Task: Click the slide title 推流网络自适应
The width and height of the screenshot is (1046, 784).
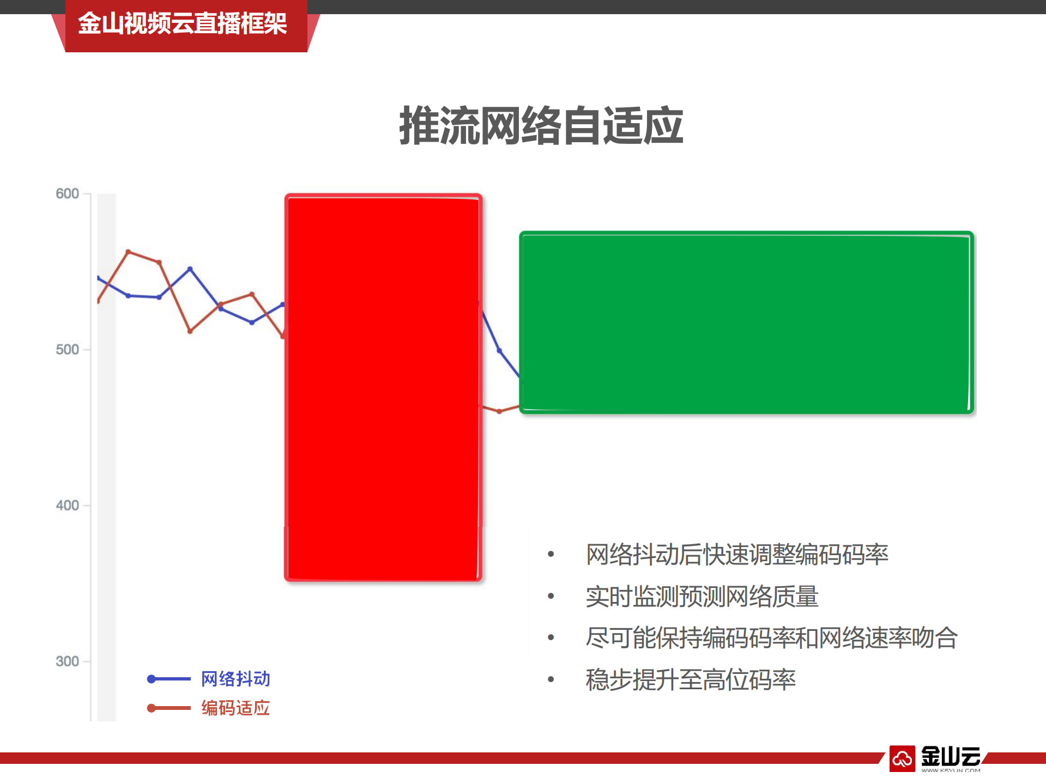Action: [541, 126]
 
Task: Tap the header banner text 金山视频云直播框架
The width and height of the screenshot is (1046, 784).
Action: [182, 24]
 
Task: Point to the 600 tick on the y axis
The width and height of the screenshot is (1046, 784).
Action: [68, 194]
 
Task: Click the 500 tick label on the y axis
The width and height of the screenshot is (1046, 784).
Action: [68, 350]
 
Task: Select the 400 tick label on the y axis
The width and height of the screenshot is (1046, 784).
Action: [68, 506]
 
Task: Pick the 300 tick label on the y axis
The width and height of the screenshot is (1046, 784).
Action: [68, 661]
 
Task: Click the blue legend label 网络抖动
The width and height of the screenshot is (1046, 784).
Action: [235, 679]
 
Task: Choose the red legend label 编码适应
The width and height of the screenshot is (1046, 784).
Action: [235, 708]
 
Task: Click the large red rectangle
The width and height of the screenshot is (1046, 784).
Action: [383, 387]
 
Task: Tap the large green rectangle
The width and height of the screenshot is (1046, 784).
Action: [746, 323]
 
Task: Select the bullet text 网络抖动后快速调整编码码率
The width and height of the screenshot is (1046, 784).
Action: [737, 555]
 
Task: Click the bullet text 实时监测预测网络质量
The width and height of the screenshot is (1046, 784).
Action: [702, 597]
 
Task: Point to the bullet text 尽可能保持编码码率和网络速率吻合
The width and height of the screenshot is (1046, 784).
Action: [771, 638]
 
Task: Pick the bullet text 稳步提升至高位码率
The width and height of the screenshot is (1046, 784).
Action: [691, 680]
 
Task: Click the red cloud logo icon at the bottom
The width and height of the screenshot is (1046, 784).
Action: [902, 758]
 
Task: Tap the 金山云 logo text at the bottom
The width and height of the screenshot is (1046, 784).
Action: [951, 757]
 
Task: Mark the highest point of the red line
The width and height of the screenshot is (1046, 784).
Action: [128, 252]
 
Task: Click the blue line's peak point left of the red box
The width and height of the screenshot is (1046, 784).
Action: [190, 269]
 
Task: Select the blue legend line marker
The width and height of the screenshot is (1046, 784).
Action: [168, 679]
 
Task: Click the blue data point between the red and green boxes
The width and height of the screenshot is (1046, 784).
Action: [499, 350]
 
